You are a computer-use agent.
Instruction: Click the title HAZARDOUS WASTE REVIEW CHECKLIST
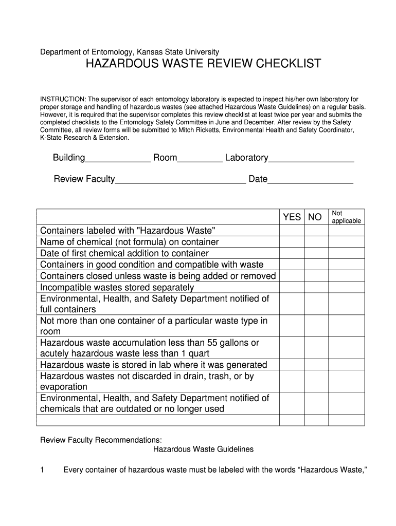point(203,64)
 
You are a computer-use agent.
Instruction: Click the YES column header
point(292,217)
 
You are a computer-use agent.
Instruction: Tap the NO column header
point(315,217)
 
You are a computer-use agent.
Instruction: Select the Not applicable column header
point(346,217)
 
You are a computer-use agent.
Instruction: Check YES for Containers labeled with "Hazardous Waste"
point(292,231)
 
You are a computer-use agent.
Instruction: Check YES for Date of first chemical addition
point(292,253)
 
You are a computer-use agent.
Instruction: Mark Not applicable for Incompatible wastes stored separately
point(346,287)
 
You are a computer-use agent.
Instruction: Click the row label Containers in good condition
point(152,265)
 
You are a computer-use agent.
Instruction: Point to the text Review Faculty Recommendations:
point(101,440)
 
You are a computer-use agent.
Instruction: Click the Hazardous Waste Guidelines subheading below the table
point(204,449)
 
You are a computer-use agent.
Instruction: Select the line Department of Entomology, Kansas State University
point(130,51)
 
